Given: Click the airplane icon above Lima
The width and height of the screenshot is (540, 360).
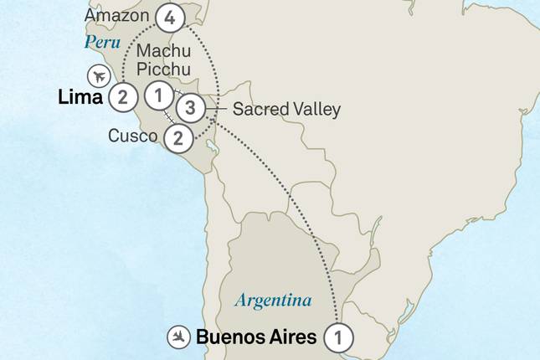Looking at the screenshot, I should click(99, 75).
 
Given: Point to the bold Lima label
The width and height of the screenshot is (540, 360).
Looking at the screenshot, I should click(80, 98).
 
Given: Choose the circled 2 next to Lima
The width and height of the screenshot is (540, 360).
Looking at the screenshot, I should click(123, 97).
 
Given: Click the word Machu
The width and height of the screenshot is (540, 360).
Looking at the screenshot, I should click(158, 52).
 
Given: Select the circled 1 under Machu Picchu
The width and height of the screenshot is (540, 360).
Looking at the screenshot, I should click(158, 94).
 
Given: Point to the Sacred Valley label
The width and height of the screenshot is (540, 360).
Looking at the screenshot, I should click(286, 109).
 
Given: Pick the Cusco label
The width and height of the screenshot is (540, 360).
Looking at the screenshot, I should click(132, 136).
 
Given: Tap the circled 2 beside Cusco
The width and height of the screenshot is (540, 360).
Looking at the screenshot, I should click(177, 138).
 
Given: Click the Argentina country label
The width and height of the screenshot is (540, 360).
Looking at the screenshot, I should click(273, 300).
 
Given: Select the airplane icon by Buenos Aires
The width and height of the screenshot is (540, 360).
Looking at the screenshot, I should click(178, 337).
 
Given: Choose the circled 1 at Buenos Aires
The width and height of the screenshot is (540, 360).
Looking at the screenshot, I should click(337, 337).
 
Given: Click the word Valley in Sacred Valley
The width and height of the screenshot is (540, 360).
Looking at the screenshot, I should click(317, 109).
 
